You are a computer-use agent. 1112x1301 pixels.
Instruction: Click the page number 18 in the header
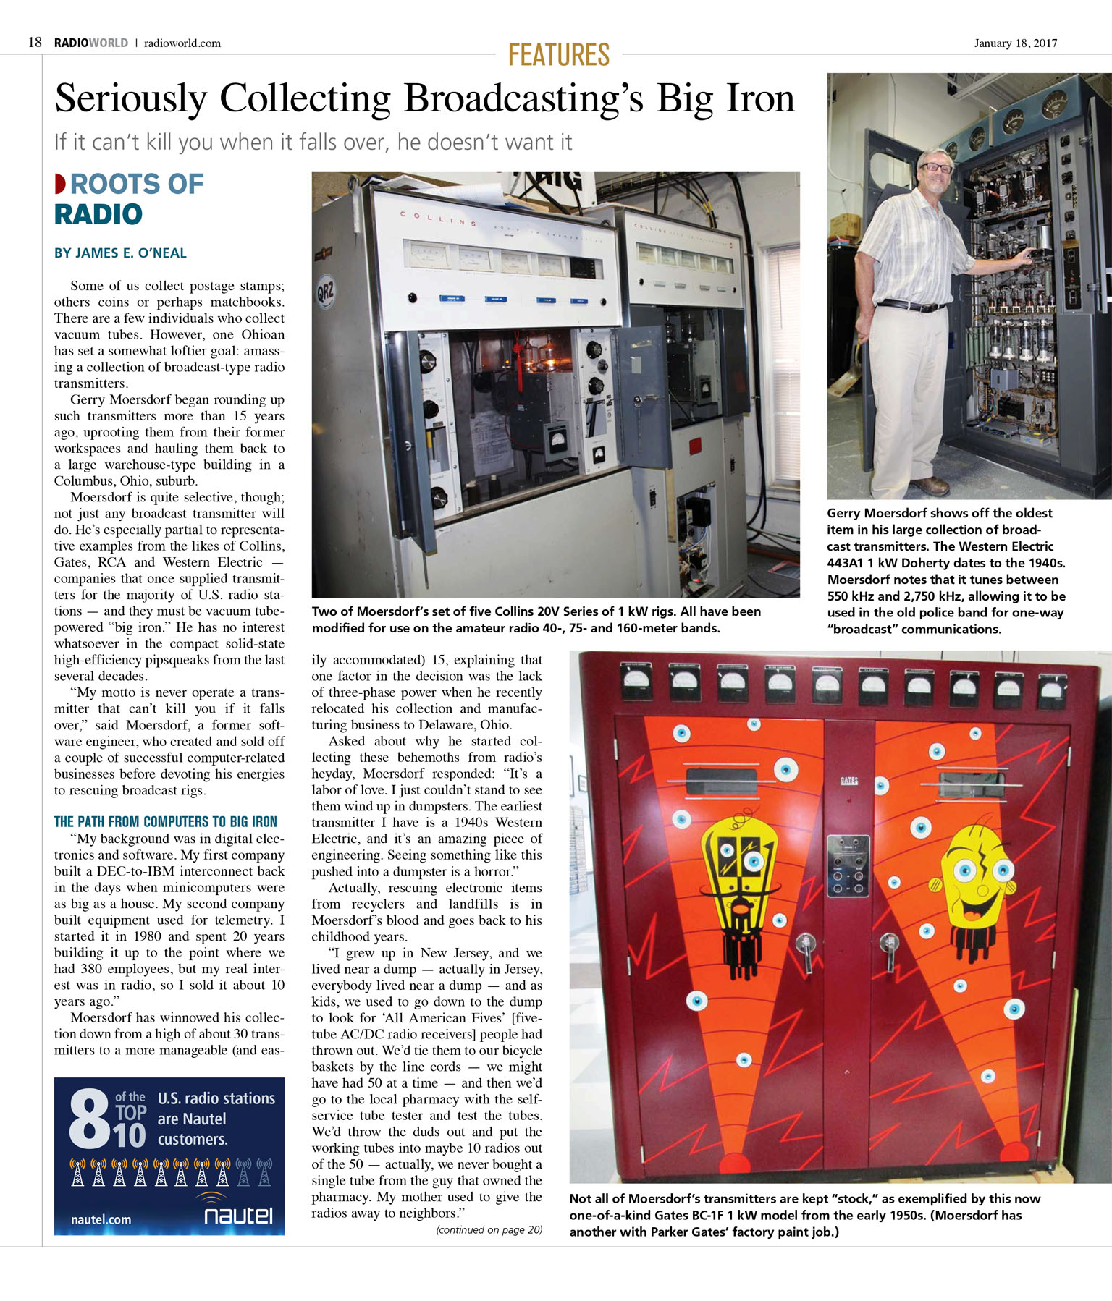[35, 43]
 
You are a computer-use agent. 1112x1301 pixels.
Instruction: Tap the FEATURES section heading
[558, 55]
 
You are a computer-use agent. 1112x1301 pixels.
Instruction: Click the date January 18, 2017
[1015, 43]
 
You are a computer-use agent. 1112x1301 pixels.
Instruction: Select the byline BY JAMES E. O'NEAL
[120, 253]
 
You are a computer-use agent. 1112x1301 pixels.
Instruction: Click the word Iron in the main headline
[759, 98]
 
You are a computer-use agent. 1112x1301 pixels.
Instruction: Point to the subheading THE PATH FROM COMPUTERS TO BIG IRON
[165, 821]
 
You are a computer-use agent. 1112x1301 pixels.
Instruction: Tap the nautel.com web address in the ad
[101, 1219]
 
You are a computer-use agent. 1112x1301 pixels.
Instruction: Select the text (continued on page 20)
[489, 1229]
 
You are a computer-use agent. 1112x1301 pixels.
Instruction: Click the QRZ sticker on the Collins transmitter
[325, 294]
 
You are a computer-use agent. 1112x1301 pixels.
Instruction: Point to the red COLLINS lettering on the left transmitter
[438, 218]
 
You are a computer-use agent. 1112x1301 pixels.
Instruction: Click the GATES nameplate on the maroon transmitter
[848, 781]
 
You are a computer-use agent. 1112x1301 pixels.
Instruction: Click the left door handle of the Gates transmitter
[805, 949]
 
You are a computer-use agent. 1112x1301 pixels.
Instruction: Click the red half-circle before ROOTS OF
[60, 184]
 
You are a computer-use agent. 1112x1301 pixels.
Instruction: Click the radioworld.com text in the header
[182, 43]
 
